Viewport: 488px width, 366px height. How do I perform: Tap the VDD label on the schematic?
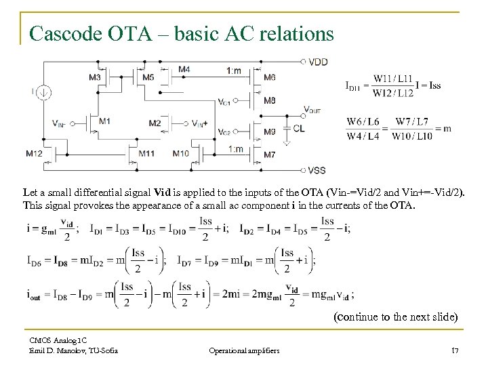tap(318, 62)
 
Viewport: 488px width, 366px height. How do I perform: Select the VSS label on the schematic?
tap(318, 169)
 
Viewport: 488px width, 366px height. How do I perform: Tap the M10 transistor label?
tap(180, 154)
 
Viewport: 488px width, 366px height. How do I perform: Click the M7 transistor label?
tap(269, 155)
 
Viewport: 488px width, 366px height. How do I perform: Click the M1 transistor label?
tap(104, 121)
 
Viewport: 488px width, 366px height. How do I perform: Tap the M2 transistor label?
tap(155, 123)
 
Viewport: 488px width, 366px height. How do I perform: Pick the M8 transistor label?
tap(269, 100)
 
